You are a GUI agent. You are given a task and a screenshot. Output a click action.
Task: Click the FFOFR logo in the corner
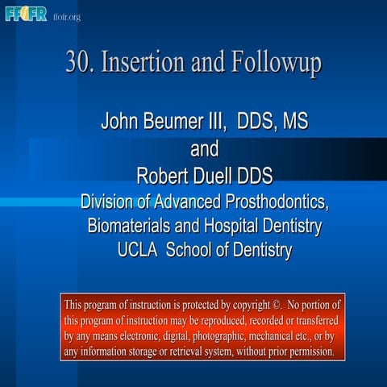[x=26, y=14]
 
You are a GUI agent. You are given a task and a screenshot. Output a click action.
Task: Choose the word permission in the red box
[x=306, y=352]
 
